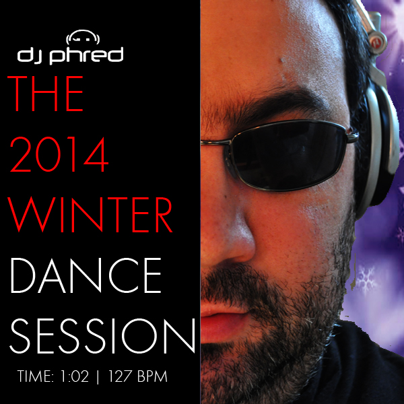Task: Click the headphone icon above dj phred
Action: [x=83, y=37]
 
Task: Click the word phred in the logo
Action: [x=86, y=55]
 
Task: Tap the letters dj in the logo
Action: [x=31, y=55]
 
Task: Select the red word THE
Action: [x=45, y=94]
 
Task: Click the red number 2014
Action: [x=59, y=154]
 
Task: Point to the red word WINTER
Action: [x=90, y=215]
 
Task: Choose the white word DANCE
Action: [x=86, y=275]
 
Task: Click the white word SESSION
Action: [x=102, y=336]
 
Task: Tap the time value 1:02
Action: [x=75, y=376]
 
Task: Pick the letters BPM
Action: [x=152, y=376]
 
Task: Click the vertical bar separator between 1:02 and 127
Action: [x=98, y=377]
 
